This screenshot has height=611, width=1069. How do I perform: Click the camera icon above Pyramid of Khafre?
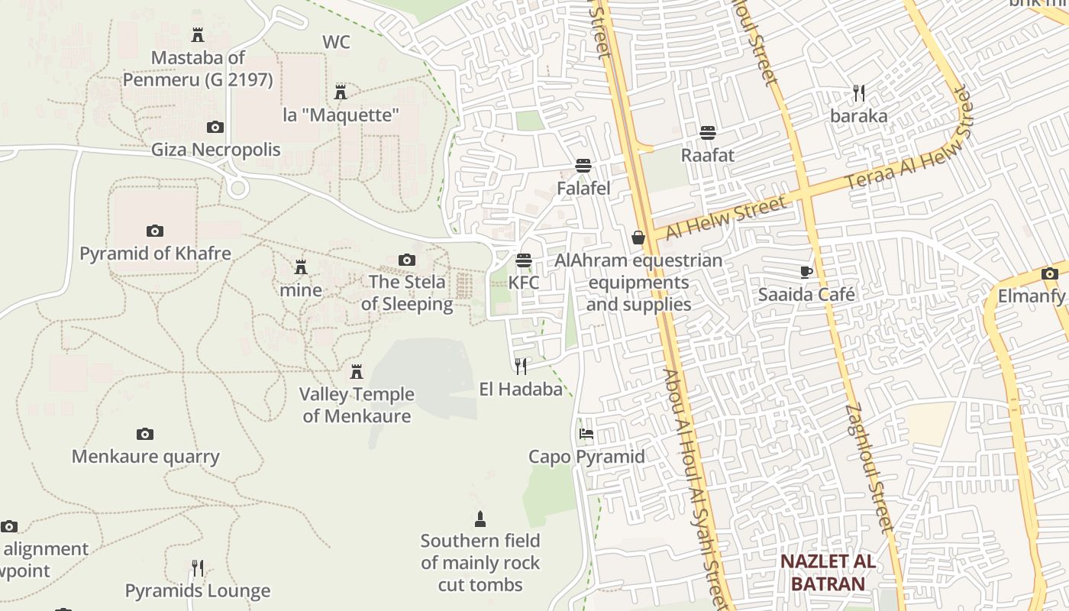(x=154, y=231)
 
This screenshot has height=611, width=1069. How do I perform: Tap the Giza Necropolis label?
(x=215, y=149)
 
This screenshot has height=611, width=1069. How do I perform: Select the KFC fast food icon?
(x=523, y=260)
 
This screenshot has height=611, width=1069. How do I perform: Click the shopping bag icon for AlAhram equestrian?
(x=638, y=238)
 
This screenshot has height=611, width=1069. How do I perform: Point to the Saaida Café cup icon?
(x=806, y=272)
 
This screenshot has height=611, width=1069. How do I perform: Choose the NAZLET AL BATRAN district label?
(x=827, y=573)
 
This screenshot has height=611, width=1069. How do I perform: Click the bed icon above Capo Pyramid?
(x=586, y=434)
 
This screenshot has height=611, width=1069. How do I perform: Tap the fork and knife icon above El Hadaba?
(x=521, y=367)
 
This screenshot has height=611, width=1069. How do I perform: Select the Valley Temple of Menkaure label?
(x=357, y=405)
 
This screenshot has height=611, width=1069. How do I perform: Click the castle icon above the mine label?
(x=301, y=267)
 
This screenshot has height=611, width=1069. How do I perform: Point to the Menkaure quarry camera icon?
(x=145, y=434)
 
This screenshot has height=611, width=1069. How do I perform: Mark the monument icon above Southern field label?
(x=480, y=519)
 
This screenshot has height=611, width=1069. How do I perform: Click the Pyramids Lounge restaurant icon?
(x=198, y=568)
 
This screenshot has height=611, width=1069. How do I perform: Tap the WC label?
(x=336, y=42)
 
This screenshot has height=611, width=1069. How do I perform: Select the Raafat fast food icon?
(x=708, y=133)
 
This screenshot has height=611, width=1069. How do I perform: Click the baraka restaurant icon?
(x=859, y=93)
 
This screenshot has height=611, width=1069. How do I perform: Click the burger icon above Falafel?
(x=583, y=166)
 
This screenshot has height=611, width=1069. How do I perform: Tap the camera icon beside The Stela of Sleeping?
(x=407, y=260)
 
